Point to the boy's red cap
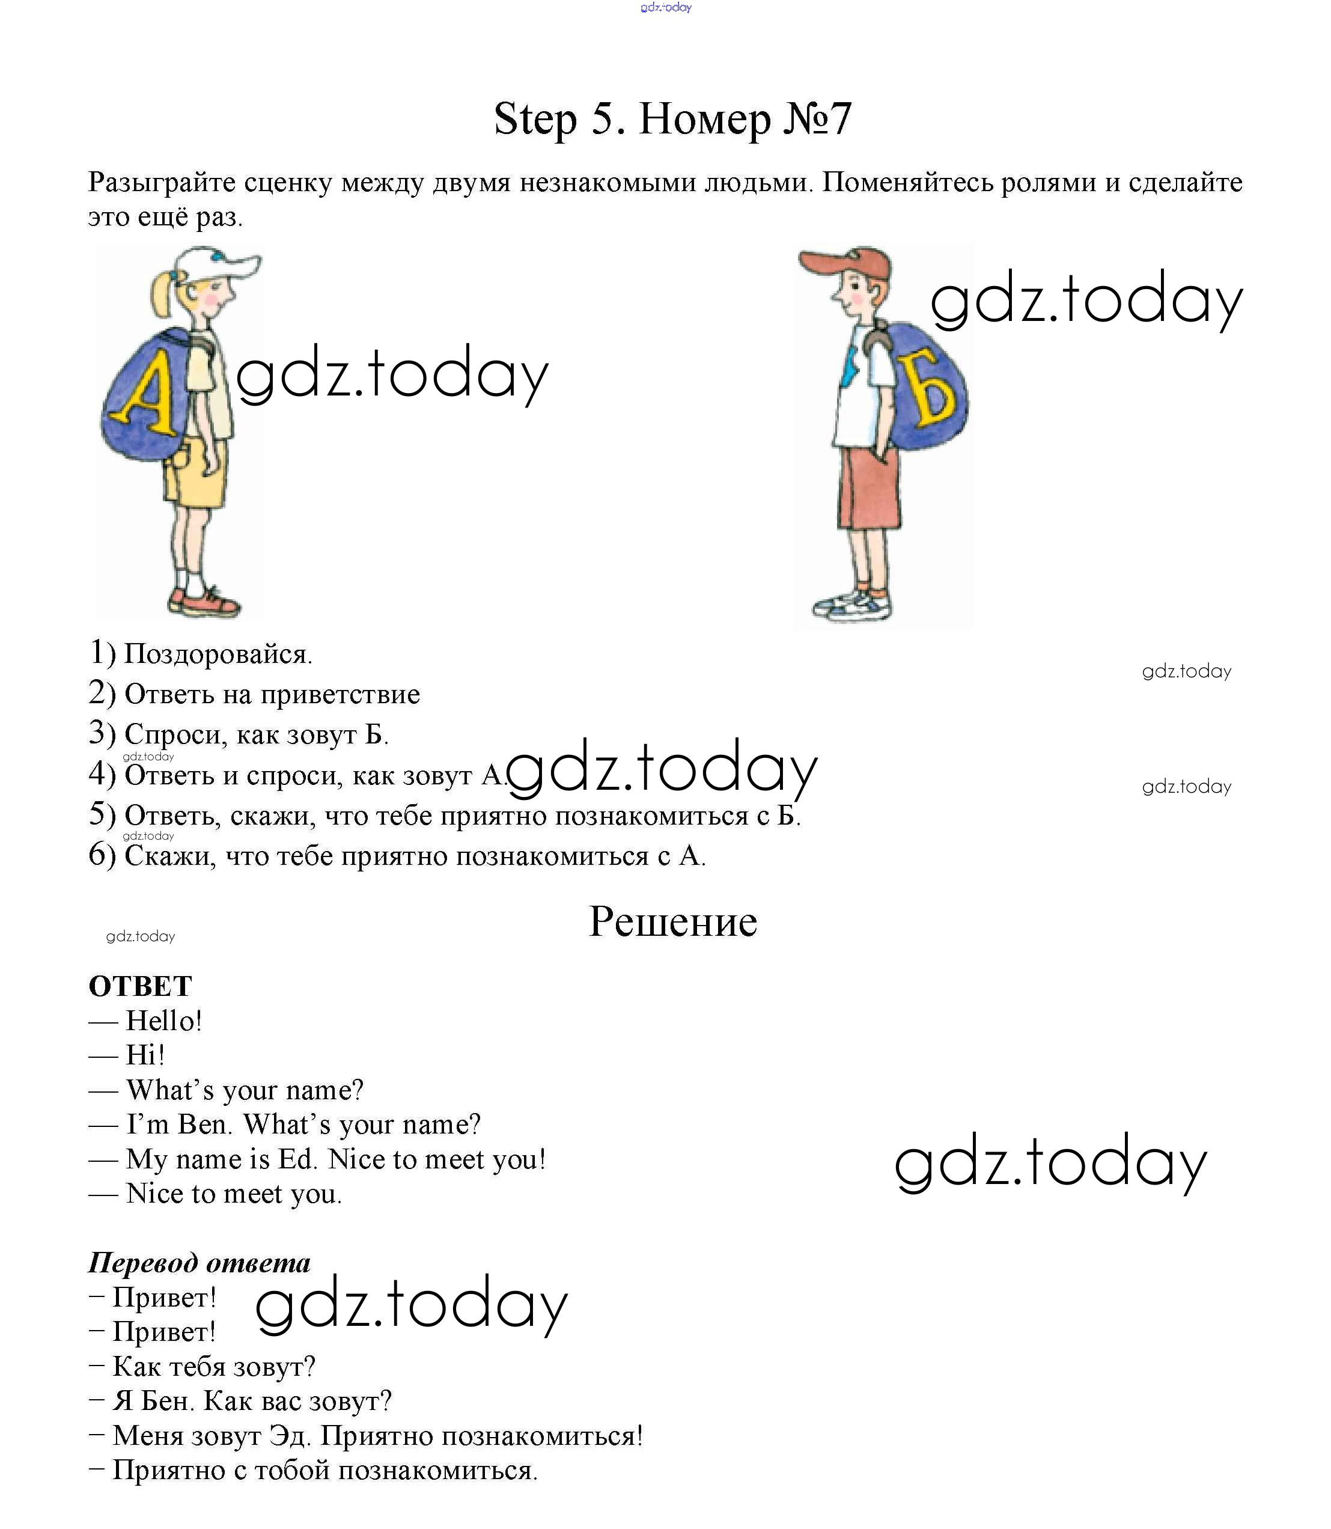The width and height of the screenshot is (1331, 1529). click(x=847, y=264)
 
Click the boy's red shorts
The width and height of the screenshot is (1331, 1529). click(x=869, y=487)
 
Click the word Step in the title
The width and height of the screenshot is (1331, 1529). click(x=535, y=119)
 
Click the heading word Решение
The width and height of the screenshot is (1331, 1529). click(x=672, y=922)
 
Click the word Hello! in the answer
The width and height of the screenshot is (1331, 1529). click(x=163, y=1021)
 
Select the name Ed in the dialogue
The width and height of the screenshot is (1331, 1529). click(x=296, y=1159)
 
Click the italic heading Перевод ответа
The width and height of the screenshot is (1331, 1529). click(x=199, y=1262)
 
